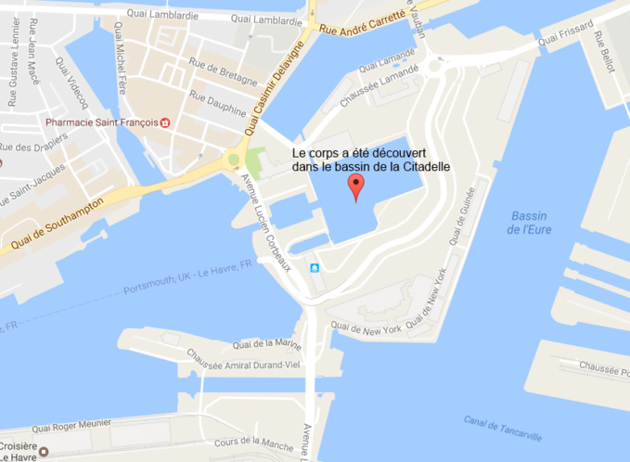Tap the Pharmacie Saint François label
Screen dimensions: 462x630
(x=101, y=122)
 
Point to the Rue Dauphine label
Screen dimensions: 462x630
(x=219, y=103)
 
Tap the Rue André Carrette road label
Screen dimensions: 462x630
(x=363, y=22)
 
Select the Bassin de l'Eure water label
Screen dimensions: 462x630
(x=529, y=222)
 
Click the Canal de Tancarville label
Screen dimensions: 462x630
(x=503, y=426)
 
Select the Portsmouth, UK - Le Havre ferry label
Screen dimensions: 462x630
(x=188, y=277)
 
